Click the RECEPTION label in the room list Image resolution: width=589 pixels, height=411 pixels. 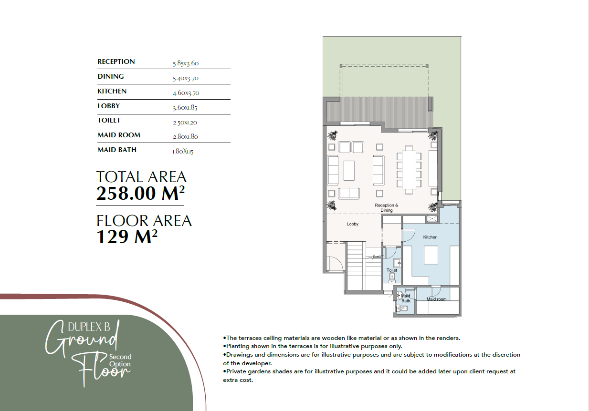[x=116, y=62]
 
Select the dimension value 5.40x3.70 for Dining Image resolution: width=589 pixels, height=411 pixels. [x=186, y=78]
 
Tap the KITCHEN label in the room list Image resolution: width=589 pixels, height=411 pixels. [x=112, y=91]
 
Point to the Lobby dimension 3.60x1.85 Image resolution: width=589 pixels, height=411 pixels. [x=185, y=108]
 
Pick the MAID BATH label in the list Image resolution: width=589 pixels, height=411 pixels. [x=117, y=150]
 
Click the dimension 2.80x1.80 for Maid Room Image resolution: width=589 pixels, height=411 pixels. [x=185, y=136]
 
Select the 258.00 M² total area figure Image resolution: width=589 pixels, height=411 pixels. [x=141, y=193]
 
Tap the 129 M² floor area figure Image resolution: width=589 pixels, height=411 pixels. [x=127, y=236]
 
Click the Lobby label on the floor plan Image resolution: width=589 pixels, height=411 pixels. [x=352, y=224]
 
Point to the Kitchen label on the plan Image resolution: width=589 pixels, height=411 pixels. [x=430, y=237]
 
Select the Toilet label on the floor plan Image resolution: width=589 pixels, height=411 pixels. [x=392, y=270]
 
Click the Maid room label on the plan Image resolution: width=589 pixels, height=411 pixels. [x=436, y=299]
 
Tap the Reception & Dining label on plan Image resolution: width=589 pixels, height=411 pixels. [x=386, y=207]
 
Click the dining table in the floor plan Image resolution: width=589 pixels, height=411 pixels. [x=409, y=170]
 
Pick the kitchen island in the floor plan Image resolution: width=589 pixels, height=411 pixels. [x=431, y=255]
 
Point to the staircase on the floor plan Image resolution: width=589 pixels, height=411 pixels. [x=364, y=266]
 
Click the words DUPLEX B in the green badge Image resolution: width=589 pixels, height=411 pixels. [x=89, y=327]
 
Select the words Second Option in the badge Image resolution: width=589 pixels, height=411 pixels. [x=120, y=360]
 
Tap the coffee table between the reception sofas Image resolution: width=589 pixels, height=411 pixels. [x=349, y=170]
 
